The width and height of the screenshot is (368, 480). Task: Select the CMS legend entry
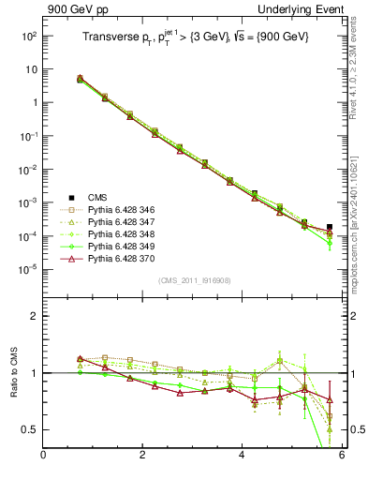96,197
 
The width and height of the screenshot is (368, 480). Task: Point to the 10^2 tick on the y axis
28,36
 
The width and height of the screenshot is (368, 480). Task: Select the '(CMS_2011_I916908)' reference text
195,281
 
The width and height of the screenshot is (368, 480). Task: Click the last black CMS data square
330,227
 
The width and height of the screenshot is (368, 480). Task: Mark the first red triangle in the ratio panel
81,358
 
